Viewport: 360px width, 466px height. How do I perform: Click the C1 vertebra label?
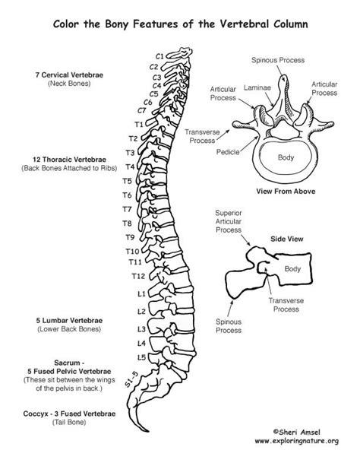click(x=159, y=55)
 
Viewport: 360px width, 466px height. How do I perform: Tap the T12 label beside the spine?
click(x=138, y=275)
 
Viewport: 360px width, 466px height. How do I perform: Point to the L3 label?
click(x=141, y=329)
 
